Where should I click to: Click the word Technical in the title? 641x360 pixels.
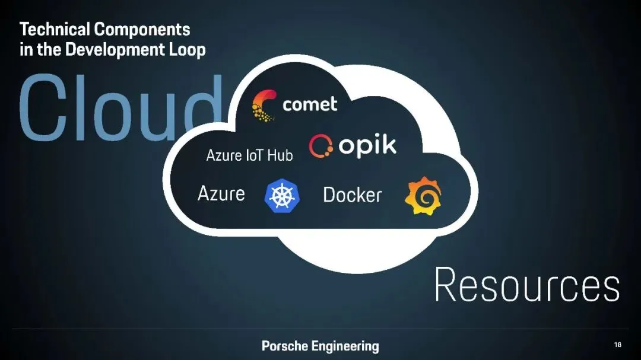[x=55, y=29]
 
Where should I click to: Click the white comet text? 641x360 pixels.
[x=310, y=105]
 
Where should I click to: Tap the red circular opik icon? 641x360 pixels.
[x=320, y=145]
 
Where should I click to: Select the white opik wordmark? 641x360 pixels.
[x=367, y=145]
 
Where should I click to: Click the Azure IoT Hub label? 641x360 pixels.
[x=249, y=155]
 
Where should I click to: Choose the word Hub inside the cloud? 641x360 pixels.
[x=280, y=155]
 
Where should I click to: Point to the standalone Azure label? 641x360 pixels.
[x=221, y=193]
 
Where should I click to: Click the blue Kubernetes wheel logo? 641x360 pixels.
[x=282, y=195]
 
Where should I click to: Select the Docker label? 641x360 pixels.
[x=353, y=195]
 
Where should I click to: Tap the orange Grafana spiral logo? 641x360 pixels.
[x=423, y=197]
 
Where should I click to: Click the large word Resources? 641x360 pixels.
[x=527, y=286]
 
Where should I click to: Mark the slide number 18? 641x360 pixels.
[x=618, y=345]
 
